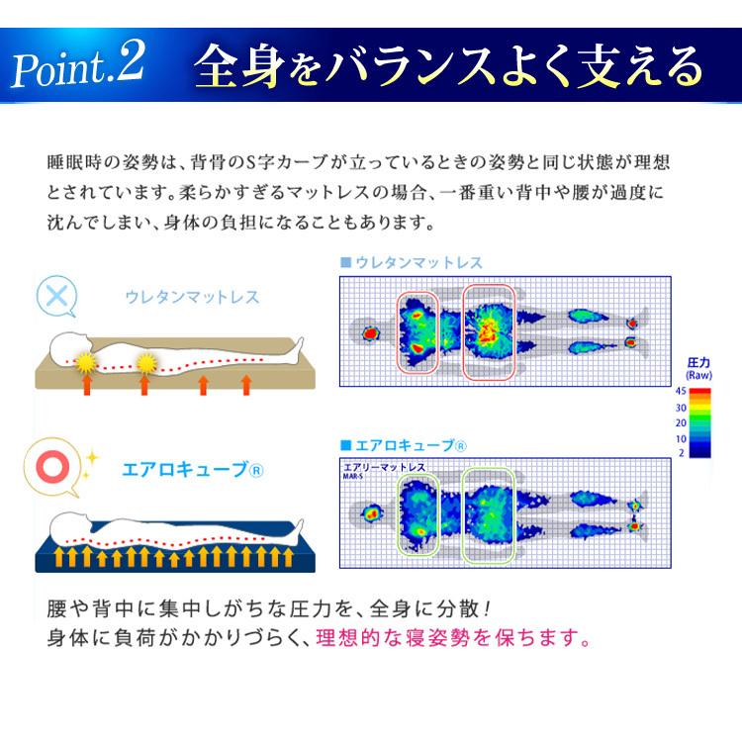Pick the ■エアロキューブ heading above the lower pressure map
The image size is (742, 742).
pyautogui.click(x=405, y=445)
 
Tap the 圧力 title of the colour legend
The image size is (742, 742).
pyautogui.click(x=700, y=363)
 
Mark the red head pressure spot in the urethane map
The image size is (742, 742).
pyautogui.click(x=372, y=334)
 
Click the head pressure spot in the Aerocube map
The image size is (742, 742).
pyautogui.click(x=373, y=514)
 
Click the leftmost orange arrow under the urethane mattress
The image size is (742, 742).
pyautogui.click(x=87, y=386)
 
